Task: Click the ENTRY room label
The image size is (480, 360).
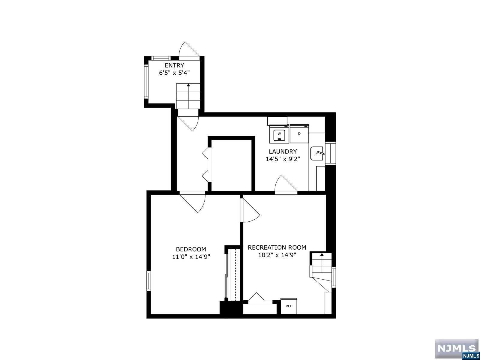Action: click(x=174, y=65)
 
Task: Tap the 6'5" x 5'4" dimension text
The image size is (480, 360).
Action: click(x=174, y=73)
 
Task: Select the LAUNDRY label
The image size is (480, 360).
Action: click(x=283, y=151)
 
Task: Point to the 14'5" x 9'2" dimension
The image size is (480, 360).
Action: click(x=283, y=159)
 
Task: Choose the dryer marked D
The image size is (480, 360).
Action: click(x=299, y=134)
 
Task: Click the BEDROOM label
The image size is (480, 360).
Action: click(x=191, y=249)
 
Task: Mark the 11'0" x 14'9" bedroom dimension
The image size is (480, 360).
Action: click(x=191, y=257)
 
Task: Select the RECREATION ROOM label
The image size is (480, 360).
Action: click(x=277, y=247)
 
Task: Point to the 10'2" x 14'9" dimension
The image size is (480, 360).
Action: click(x=277, y=255)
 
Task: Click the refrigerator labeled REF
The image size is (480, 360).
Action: click(x=289, y=306)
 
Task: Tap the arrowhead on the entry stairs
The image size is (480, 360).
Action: click(x=188, y=85)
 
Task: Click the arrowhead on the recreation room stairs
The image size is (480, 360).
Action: click(x=322, y=255)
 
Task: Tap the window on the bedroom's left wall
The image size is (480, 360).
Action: click(x=148, y=281)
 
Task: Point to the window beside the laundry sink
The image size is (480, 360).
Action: click(x=330, y=154)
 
